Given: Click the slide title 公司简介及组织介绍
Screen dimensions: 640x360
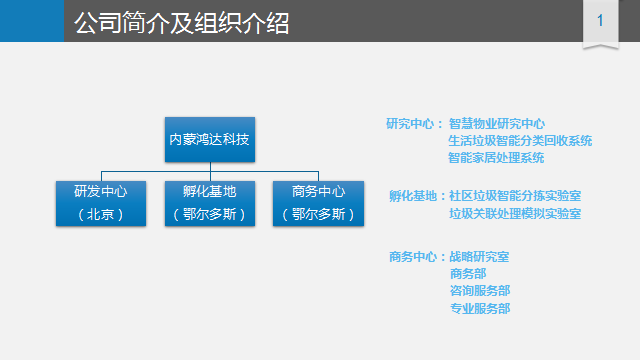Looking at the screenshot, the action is [x=182, y=22].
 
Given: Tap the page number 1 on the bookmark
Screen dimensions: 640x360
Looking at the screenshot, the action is [x=600, y=20].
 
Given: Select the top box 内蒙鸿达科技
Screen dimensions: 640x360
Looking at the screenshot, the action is [x=210, y=140].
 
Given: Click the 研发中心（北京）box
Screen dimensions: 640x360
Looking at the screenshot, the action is [x=101, y=203].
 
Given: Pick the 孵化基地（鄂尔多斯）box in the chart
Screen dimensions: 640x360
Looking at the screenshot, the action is [x=210, y=203].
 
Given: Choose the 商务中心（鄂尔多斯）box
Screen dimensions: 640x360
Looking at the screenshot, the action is [x=318, y=203].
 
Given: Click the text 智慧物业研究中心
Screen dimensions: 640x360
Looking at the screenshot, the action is [x=497, y=124].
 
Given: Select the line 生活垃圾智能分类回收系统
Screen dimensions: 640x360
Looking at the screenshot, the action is [x=520, y=141].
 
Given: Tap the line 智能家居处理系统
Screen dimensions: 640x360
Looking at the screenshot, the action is [x=496, y=158].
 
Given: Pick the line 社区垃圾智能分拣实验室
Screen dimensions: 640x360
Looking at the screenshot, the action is [x=515, y=196].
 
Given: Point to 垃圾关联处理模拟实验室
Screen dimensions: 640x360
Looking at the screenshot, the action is [x=515, y=213].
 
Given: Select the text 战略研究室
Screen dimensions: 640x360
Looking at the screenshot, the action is [x=479, y=257].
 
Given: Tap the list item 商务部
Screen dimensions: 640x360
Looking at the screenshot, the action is [x=468, y=273].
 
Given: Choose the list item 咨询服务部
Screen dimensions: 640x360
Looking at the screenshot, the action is [x=480, y=291].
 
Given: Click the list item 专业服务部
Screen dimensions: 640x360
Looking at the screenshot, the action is [x=480, y=308].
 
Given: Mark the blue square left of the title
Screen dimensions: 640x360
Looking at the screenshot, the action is [x=32, y=21].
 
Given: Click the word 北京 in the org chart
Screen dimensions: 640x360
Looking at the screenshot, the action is [x=100, y=214].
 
